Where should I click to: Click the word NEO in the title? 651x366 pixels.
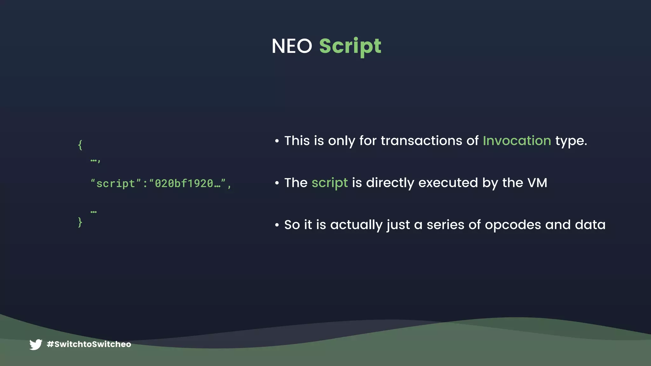click(292, 46)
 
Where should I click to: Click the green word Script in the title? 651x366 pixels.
click(350, 46)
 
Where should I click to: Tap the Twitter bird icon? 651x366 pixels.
click(36, 344)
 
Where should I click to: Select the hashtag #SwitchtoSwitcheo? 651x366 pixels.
click(89, 344)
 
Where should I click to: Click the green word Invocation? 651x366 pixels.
click(517, 141)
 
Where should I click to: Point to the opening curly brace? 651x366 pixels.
click(80, 145)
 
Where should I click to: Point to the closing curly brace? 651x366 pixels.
click(80, 222)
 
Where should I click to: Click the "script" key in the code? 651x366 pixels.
click(116, 184)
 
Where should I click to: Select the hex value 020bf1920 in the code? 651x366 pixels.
click(184, 184)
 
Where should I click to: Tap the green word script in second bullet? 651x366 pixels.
click(329, 183)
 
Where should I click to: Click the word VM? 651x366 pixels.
click(537, 183)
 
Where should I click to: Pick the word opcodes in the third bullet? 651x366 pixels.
click(513, 225)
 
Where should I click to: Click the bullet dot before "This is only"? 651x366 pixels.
click(277, 141)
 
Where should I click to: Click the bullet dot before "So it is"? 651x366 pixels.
click(277, 225)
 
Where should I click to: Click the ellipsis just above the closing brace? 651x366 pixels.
click(93, 212)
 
